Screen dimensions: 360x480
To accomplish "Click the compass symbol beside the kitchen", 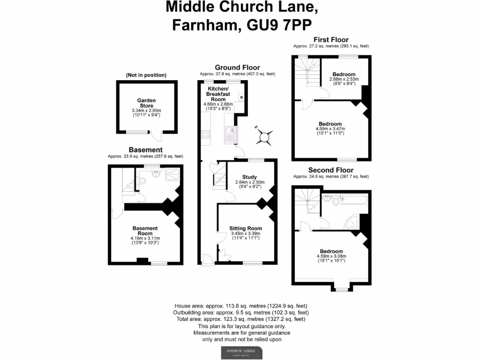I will tap(265, 137).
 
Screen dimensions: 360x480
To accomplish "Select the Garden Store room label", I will tap(146, 103).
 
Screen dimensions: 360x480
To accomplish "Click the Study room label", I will tap(249, 177).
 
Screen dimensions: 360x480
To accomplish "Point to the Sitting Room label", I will tap(245, 228).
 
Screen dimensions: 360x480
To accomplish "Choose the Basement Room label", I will tap(144, 231).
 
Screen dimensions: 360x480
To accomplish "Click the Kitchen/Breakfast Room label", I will tap(218, 94).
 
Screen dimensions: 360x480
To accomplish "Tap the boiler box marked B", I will tap(241, 97).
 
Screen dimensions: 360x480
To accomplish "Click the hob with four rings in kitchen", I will tap(206, 134).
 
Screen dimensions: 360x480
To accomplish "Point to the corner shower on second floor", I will tap(353, 222).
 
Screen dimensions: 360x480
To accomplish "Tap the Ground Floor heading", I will tap(237, 67).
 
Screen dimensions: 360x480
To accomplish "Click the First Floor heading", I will tap(331, 39).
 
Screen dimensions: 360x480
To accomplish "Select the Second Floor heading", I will tap(331, 170).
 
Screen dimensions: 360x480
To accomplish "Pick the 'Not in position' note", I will tap(146, 75).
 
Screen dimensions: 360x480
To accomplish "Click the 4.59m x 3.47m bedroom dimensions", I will tap(330, 129).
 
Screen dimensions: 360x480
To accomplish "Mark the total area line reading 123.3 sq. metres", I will tap(242, 319).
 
